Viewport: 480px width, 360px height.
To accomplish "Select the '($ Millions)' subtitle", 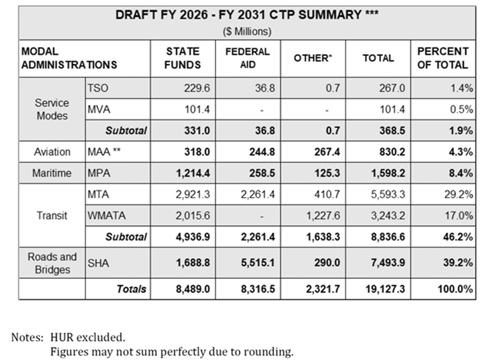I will coord(247,32).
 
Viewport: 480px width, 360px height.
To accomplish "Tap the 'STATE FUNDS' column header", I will coord(183,58).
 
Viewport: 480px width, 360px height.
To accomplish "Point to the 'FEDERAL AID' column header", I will coord(248,58).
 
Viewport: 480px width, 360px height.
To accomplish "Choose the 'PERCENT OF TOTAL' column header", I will coord(443,58).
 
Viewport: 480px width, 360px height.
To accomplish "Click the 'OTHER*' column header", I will coord(313,59).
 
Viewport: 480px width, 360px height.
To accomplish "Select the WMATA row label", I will coord(106,216).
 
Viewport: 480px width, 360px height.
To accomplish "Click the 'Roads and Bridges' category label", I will coord(52,263).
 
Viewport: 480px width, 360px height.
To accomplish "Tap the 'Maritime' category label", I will coord(52,174).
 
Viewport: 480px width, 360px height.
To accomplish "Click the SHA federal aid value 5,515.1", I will coord(258,263).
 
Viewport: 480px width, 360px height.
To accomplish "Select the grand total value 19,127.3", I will coord(386,289).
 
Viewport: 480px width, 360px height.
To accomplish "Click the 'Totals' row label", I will coord(131,289).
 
